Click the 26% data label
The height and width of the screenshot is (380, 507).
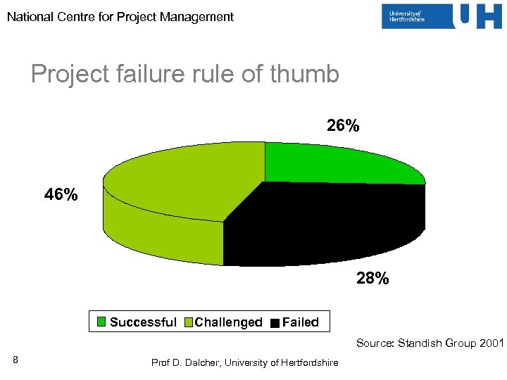(x=343, y=126)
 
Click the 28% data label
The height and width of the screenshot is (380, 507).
(x=372, y=279)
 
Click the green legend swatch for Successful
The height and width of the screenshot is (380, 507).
(x=101, y=323)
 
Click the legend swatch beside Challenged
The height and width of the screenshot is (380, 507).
(x=188, y=323)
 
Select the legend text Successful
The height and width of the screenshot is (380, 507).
(x=143, y=322)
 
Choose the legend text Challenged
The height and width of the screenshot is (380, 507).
(x=228, y=322)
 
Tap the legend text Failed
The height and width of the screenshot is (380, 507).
(x=301, y=322)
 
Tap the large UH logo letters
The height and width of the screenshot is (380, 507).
(x=478, y=17)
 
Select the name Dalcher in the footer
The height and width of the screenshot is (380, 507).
(x=201, y=362)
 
